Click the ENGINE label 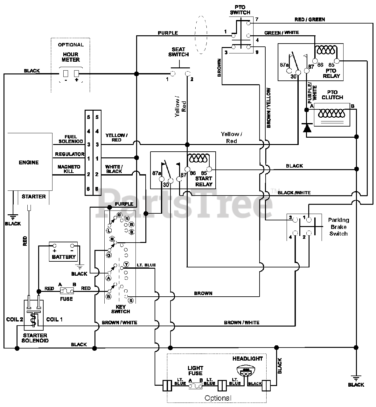point(29,162)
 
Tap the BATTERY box point(63,252)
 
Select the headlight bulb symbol point(246,371)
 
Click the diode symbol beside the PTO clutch point(307,128)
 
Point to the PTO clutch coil point(331,113)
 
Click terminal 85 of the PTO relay point(337,61)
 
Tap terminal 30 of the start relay point(171,181)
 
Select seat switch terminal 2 point(187,73)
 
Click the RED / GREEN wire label point(310,19)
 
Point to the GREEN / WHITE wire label point(282,32)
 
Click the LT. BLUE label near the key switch point(146,265)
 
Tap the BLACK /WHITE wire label point(294,193)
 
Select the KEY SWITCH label point(121,309)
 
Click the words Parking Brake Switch point(338,227)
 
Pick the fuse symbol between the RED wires point(67,291)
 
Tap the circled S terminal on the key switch point(131,300)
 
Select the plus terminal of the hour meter point(77,73)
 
